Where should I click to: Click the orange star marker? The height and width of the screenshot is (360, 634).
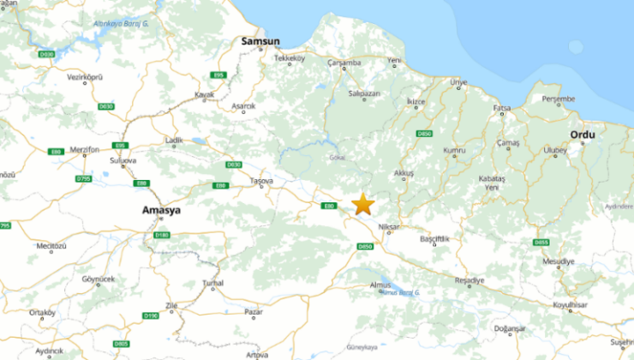coord(363,204)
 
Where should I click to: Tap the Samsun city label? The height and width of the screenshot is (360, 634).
coord(260,40)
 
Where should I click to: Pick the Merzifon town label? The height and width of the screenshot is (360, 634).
coord(84,149)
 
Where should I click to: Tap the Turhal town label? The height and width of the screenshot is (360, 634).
coord(212,283)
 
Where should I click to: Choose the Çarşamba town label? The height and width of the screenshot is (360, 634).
coord(345,63)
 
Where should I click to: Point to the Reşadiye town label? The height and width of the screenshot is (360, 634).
coord(470,280)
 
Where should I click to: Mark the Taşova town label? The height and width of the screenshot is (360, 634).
coord(260,181)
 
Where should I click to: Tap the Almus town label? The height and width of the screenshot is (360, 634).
coord(380,284)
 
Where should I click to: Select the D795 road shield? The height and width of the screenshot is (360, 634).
coord(83,178)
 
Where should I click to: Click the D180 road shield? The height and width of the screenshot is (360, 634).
coord(162,234)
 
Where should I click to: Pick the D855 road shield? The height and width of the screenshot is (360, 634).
coord(541,243)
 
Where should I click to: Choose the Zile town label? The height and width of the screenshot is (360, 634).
coord(171,305)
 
